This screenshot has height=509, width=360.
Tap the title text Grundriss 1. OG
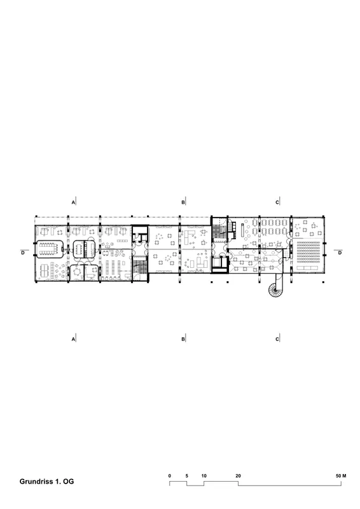coord(46,482)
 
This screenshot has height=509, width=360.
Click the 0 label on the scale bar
coord(169,476)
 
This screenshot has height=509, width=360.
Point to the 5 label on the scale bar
coord(186,476)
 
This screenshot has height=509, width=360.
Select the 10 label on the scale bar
coord(204,476)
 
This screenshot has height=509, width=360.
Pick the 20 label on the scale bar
coord(238,476)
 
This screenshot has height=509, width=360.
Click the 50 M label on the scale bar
coord(341,476)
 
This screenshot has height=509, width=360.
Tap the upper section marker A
coord(74,202)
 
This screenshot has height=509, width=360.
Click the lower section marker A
coord(74,339)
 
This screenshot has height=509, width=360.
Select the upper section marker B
coord(183,202)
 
